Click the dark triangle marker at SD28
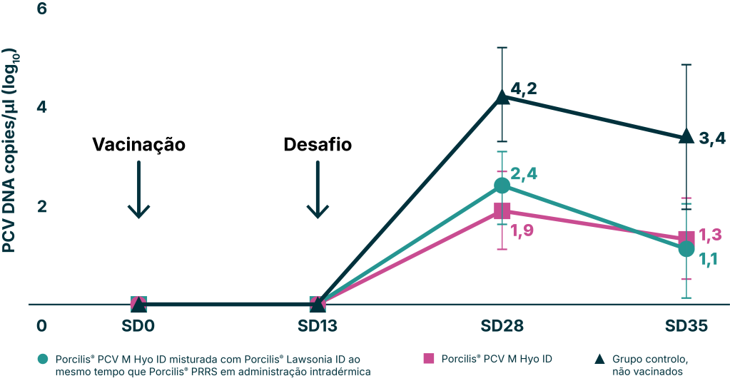tap(502, 96)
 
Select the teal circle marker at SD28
tap(502, 186)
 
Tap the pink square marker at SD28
tap(502, 211)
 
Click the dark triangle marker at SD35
tap(686, 136)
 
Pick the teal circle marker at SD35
tap(686, 249)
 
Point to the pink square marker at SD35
tap(686, 238)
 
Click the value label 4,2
tap(524, 90)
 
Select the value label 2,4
tap(524, 174)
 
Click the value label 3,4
tap(711, 139)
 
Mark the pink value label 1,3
tap(711, 235)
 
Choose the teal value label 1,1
tap(709, 260)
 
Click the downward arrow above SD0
tap(139, 189)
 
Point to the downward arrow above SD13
tap(318, 189)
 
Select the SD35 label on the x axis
tap(686, 325)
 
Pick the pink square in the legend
tap(429, 358)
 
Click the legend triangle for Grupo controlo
tap(599, 358)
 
